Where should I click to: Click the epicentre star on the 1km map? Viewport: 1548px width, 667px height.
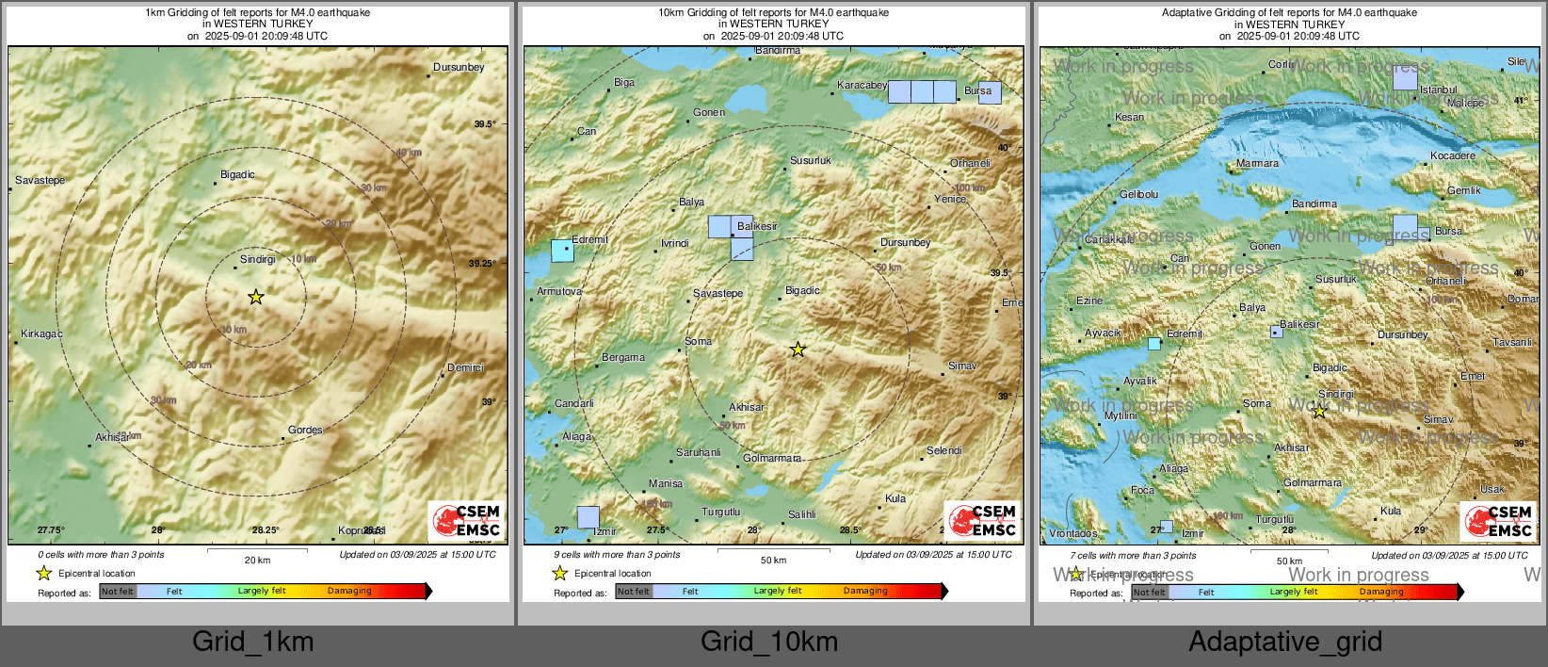pos(256,297)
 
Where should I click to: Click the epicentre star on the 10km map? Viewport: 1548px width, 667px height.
pos(798,350)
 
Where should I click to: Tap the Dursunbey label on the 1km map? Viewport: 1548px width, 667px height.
pos(459,68)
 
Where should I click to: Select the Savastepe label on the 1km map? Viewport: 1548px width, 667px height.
pos(40,180)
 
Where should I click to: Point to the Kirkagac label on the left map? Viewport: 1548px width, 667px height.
pos(41,333)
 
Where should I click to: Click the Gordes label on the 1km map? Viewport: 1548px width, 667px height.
pos(305,430)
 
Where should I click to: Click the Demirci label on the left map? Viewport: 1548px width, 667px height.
pos(465,367)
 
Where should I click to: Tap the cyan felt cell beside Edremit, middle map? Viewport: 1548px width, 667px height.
pos(562,251)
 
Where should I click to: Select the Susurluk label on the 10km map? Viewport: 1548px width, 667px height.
pos(811,161)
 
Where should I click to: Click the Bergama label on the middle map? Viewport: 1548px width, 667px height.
pos(623,358)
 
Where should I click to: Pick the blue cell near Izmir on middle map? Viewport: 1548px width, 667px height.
pos(588,517)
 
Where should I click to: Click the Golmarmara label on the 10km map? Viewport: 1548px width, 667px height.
pos(772,459)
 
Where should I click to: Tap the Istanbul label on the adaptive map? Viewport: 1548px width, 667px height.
pos(1439,90)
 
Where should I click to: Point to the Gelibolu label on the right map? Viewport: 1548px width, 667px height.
pos(1139,195)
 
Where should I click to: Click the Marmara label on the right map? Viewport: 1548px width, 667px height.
pos(1257,164)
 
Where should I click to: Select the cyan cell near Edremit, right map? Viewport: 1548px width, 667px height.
pos(1154,344)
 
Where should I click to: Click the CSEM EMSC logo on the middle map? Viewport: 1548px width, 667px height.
pos(983,521)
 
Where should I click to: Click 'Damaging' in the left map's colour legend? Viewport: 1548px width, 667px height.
pos(349,592)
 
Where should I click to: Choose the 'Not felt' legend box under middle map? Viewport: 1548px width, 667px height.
pos(634,592)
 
